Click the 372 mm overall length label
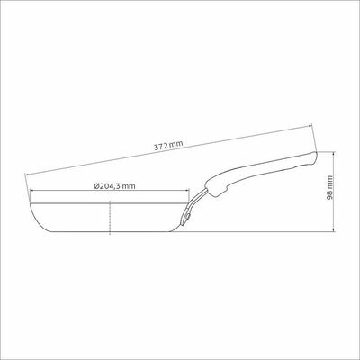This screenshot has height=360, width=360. (x=168, y=146)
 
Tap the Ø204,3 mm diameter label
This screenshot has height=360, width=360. (x=114, y=186)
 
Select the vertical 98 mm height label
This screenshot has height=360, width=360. (x=329, y=187)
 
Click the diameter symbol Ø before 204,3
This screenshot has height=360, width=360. (x=96, y=186)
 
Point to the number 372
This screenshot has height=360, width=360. (x=161, y=147)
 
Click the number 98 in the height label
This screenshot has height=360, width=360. (x=329, y=195)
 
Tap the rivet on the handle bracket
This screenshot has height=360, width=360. (x=187, y=216)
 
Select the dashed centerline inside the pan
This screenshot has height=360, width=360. (x=110, y=218)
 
